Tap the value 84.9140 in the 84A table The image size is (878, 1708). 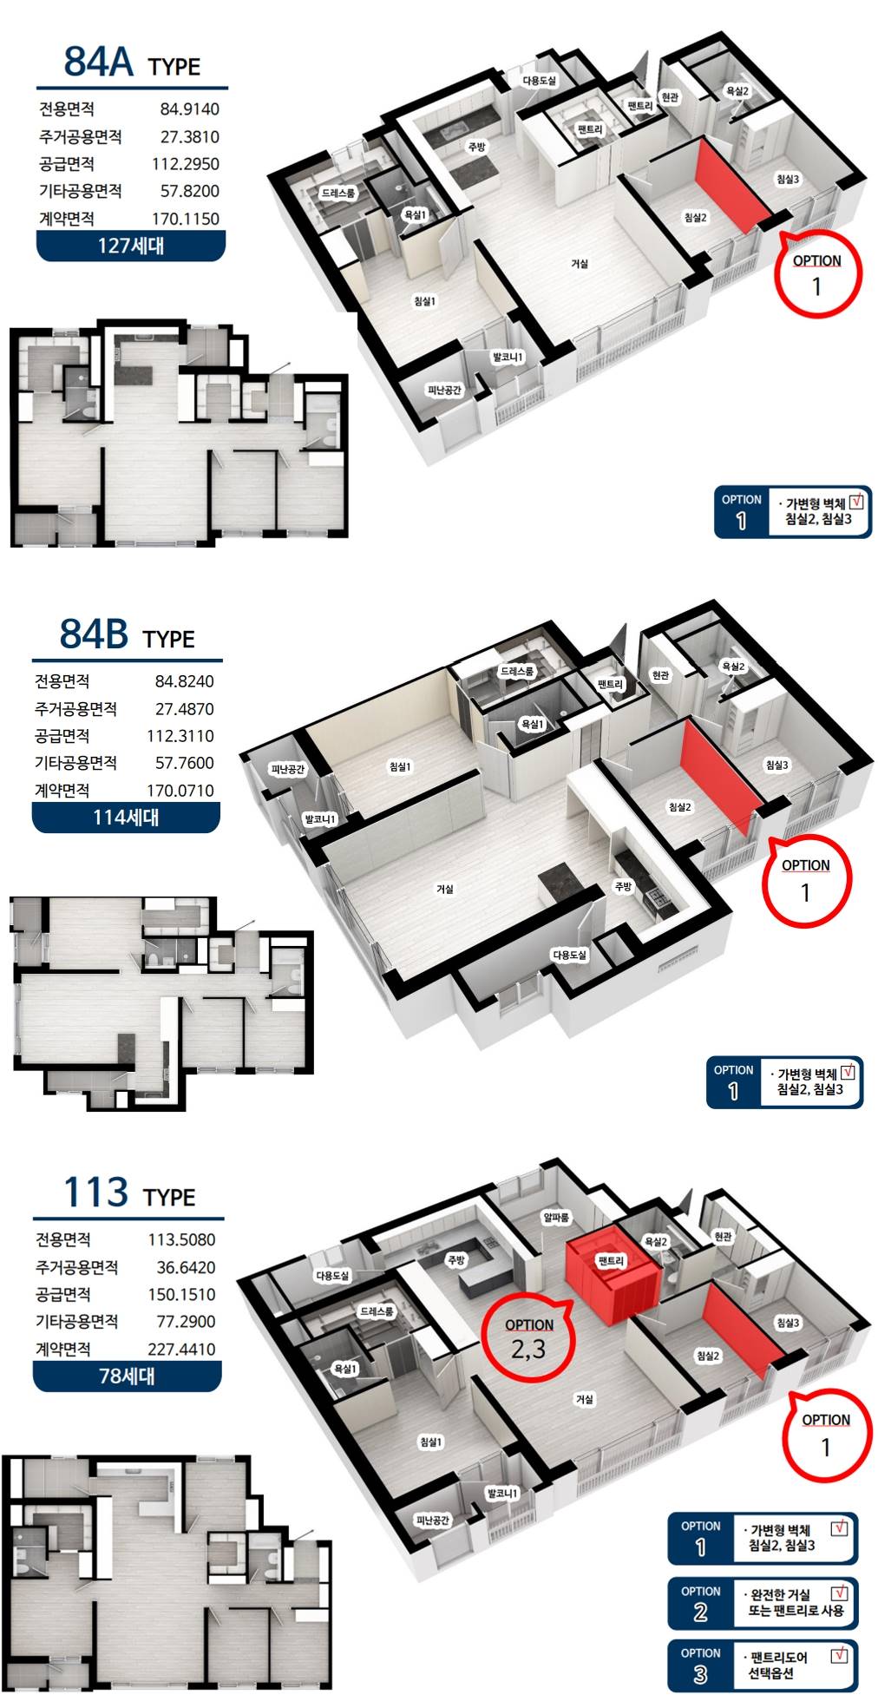189,109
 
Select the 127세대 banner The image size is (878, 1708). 131,246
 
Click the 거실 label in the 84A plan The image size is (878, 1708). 580,263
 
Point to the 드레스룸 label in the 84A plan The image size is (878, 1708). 338,193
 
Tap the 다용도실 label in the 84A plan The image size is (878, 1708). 539,81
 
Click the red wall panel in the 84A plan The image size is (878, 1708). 731,186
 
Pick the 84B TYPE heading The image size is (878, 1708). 128,634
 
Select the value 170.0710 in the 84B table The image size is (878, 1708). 180,791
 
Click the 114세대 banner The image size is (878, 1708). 126,818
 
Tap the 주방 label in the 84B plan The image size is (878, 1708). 623,886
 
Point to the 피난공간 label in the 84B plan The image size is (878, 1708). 288,770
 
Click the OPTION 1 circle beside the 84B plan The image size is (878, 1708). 806,880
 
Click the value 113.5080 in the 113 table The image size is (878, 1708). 181,1240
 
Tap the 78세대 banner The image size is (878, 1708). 128,1376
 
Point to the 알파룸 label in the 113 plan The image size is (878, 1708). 555,1218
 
